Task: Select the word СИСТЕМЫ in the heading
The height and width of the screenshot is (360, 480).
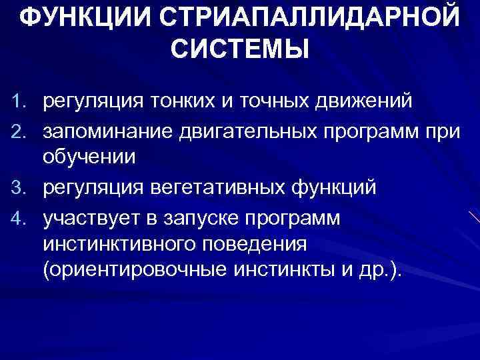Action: click(x=240, y=49)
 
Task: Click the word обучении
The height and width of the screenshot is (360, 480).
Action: click(x=89, y=159)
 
